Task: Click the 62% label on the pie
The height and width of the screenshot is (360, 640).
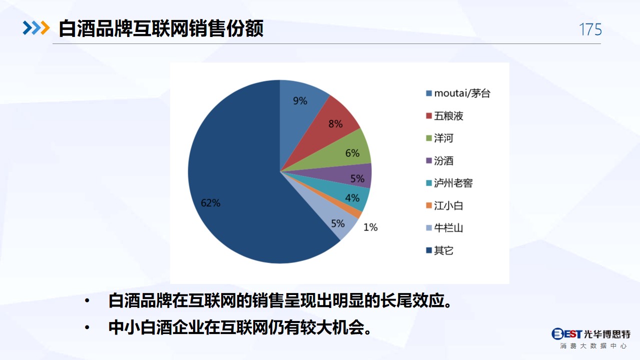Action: [211, 203]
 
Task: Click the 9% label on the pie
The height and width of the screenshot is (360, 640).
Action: [300, 101]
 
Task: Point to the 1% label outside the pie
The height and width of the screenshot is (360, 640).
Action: [371, 227]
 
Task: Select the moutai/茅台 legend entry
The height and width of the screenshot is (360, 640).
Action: [458, 93]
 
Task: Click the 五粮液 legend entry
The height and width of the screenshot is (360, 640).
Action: [444, 116]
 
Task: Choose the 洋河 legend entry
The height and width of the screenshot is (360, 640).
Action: [440, 138]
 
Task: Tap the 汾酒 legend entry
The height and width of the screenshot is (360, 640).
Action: [440, 160]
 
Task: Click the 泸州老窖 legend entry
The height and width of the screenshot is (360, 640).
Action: [449, 183]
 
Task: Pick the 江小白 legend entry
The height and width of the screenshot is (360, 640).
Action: [444, 205]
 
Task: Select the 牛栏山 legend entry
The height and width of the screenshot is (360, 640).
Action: [444, 228]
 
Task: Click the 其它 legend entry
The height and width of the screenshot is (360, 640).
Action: [440, 250]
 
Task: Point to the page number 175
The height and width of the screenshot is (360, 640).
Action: [590, 29]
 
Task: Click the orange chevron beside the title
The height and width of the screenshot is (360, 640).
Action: [45, 28]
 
